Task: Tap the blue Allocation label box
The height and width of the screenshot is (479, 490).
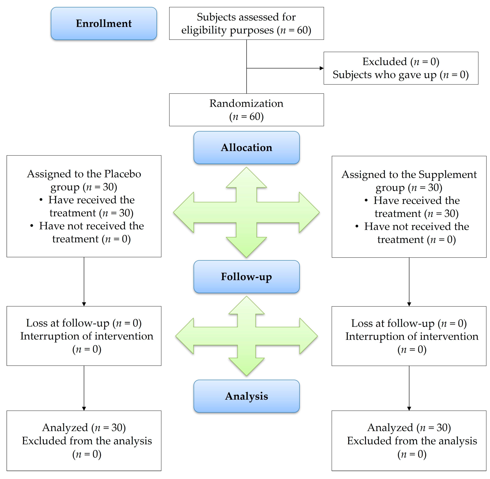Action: tap(246, 147)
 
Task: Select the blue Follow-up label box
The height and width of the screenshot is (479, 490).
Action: tap(246, 276)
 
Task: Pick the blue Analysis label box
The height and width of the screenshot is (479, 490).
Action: tap(246, 396)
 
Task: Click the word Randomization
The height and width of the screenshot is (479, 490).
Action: tap(246, 103)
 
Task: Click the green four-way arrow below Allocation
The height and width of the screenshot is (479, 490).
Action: tap(246, 212)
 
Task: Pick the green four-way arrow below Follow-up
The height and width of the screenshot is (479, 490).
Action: tap(246, 336)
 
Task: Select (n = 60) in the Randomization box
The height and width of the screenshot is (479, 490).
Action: tap(246, 117)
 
